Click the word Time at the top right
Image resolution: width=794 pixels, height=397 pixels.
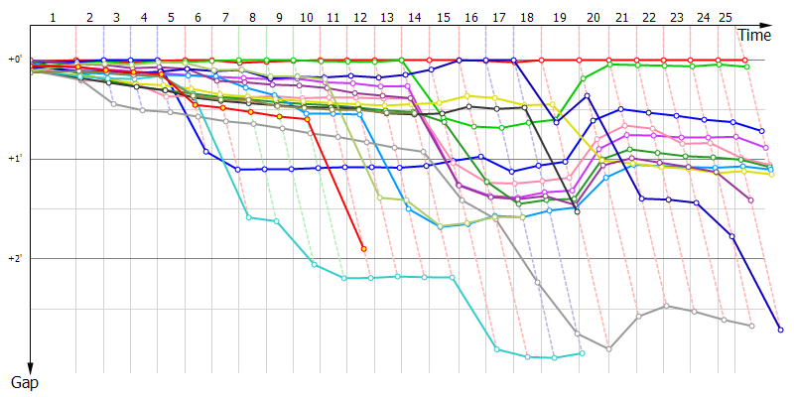(x=753, y=35)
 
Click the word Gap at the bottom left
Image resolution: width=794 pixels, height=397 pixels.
(x=24, y=381)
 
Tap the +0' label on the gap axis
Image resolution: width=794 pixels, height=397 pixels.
(x=16, y=60)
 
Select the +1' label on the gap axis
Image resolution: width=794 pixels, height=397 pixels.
(x=16, y=159)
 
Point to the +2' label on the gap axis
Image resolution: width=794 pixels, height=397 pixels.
(x=16, y=258)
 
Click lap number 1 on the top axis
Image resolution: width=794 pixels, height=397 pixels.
(x=53, y=18)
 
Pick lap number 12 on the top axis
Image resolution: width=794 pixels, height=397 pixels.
(x=358, y=18)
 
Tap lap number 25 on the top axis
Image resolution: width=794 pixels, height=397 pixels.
(x=726, y=18)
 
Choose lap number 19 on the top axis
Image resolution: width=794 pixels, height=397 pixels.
(x=561, y=18)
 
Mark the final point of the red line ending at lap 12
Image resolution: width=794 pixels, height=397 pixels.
(x=364, y=248)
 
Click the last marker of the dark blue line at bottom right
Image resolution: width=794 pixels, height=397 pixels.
(x=780, y=330)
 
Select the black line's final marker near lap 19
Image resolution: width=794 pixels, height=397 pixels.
(x=577, y=212)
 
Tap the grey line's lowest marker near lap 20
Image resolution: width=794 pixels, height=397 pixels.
(x=608, y=349)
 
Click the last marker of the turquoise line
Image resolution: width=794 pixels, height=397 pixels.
(x=582, y=352)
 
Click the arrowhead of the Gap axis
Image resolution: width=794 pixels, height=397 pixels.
(x=31, y=368)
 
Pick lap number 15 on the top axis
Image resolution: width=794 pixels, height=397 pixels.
(x=443, y=18)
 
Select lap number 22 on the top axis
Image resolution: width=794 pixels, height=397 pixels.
(x=648, y=18)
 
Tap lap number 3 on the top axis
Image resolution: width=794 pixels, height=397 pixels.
(x=116, y=18)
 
